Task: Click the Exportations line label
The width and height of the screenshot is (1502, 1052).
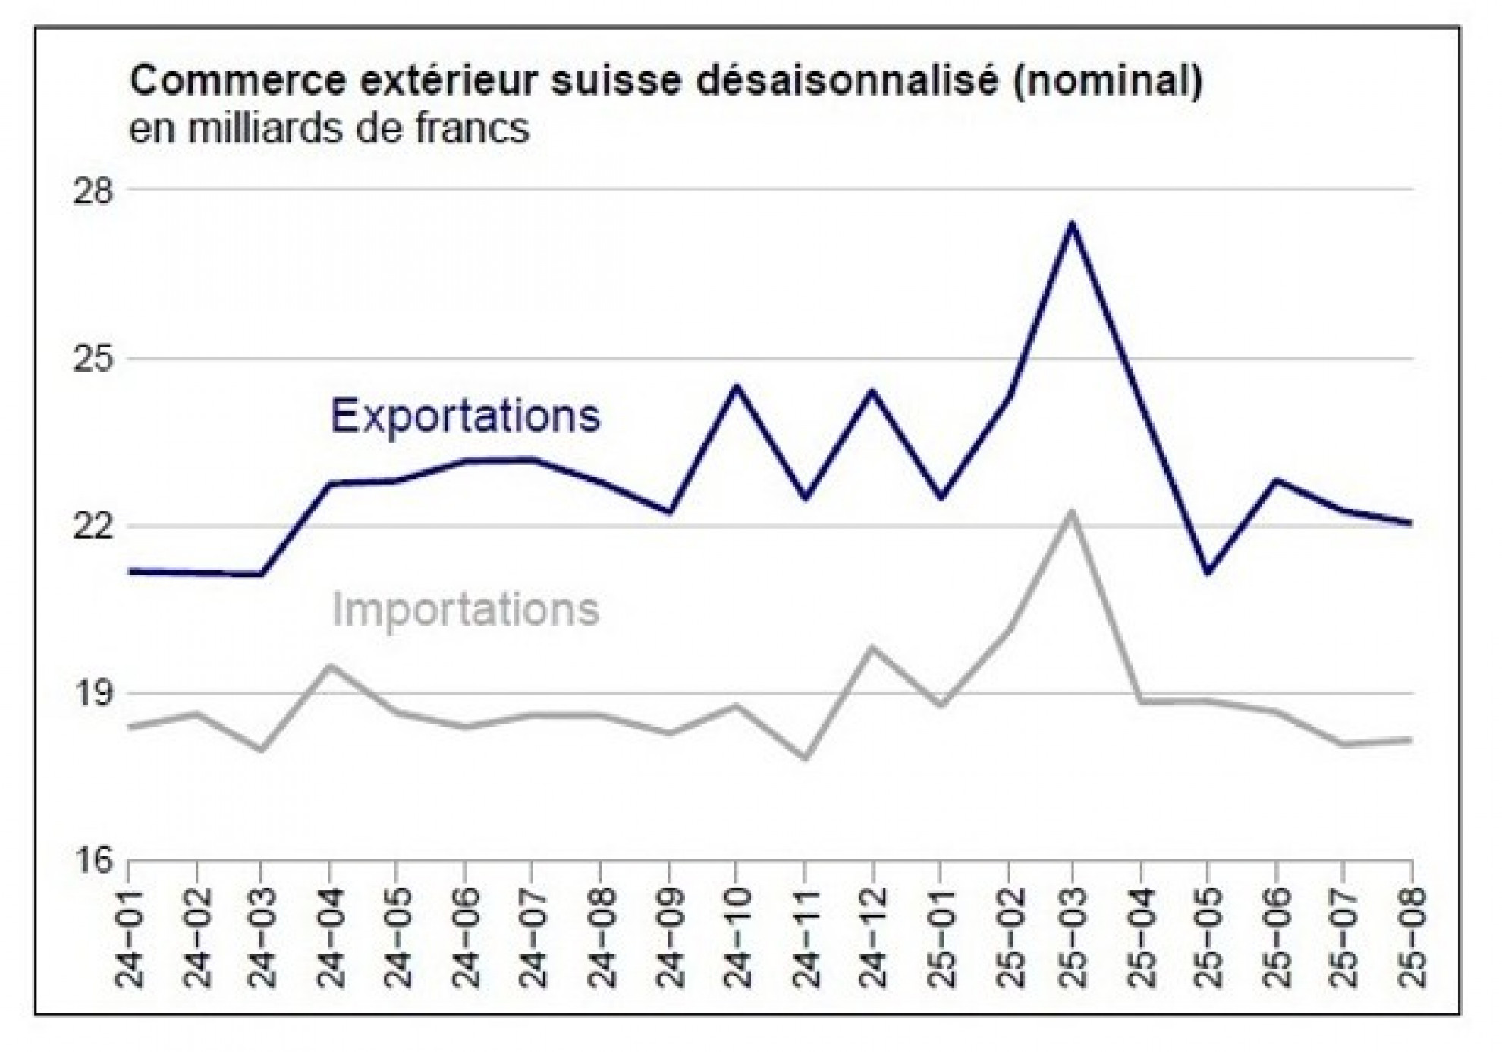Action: coord(465,416)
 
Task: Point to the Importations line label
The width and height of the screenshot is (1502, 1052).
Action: coord(465,610)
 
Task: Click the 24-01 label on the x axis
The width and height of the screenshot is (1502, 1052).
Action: coord(131,938)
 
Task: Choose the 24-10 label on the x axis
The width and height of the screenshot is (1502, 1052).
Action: coord(737,938)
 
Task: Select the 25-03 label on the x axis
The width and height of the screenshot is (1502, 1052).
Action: coord(1073,938)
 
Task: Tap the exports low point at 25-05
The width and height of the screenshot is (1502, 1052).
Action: coord(1208,572)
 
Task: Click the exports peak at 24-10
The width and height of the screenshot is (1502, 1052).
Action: coord(737,387)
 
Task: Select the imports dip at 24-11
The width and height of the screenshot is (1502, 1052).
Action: coord(804,758)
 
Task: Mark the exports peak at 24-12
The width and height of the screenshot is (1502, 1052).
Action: coord(872,391)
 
